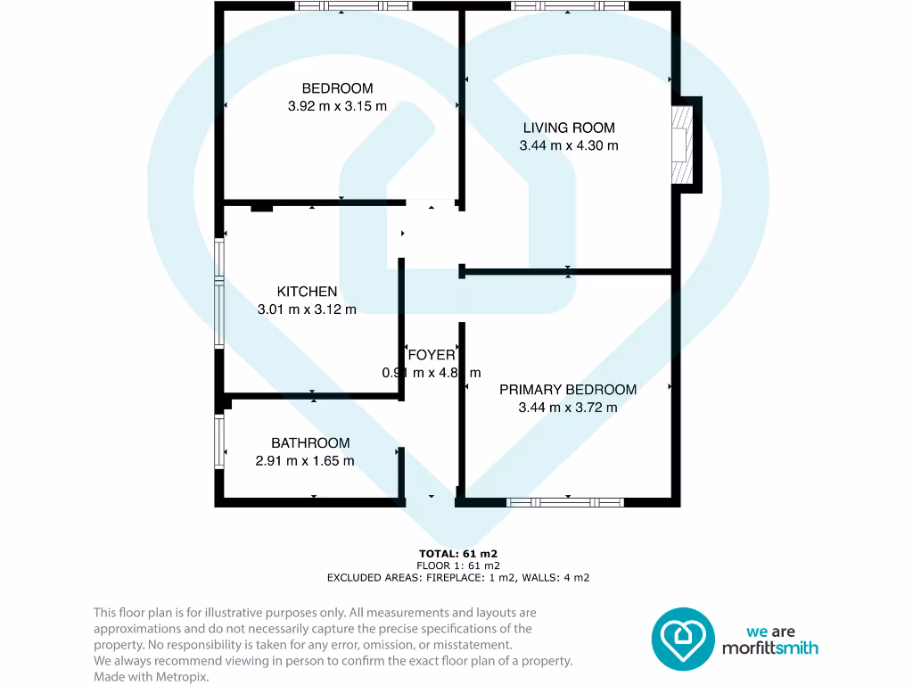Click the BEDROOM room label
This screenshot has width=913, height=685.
tap(337, 88)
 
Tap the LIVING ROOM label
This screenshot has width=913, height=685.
tap(569, 128)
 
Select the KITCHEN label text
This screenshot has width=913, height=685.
tap(307, 292)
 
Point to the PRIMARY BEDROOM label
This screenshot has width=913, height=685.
tap(568, 390)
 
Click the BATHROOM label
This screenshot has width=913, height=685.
tap(310, 443)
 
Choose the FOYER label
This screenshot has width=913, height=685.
tap(432, 355)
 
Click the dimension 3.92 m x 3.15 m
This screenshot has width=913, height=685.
tap(337, 106)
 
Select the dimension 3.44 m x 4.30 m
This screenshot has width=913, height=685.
tap(569, 145)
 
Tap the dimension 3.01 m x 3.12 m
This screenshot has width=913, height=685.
tap(307, 309)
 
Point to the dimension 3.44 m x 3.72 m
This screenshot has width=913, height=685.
tap(568, 408)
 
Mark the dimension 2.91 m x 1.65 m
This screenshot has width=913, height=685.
tap(305, 461)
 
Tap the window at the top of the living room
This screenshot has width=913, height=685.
tap(569, 6)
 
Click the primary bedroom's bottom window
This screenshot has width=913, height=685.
tap(566, 502)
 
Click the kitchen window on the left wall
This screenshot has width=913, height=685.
tap(219, 292)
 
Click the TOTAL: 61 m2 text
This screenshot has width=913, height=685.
tap(458, 554)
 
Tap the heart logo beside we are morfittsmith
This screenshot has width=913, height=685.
tap(684, 639)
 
